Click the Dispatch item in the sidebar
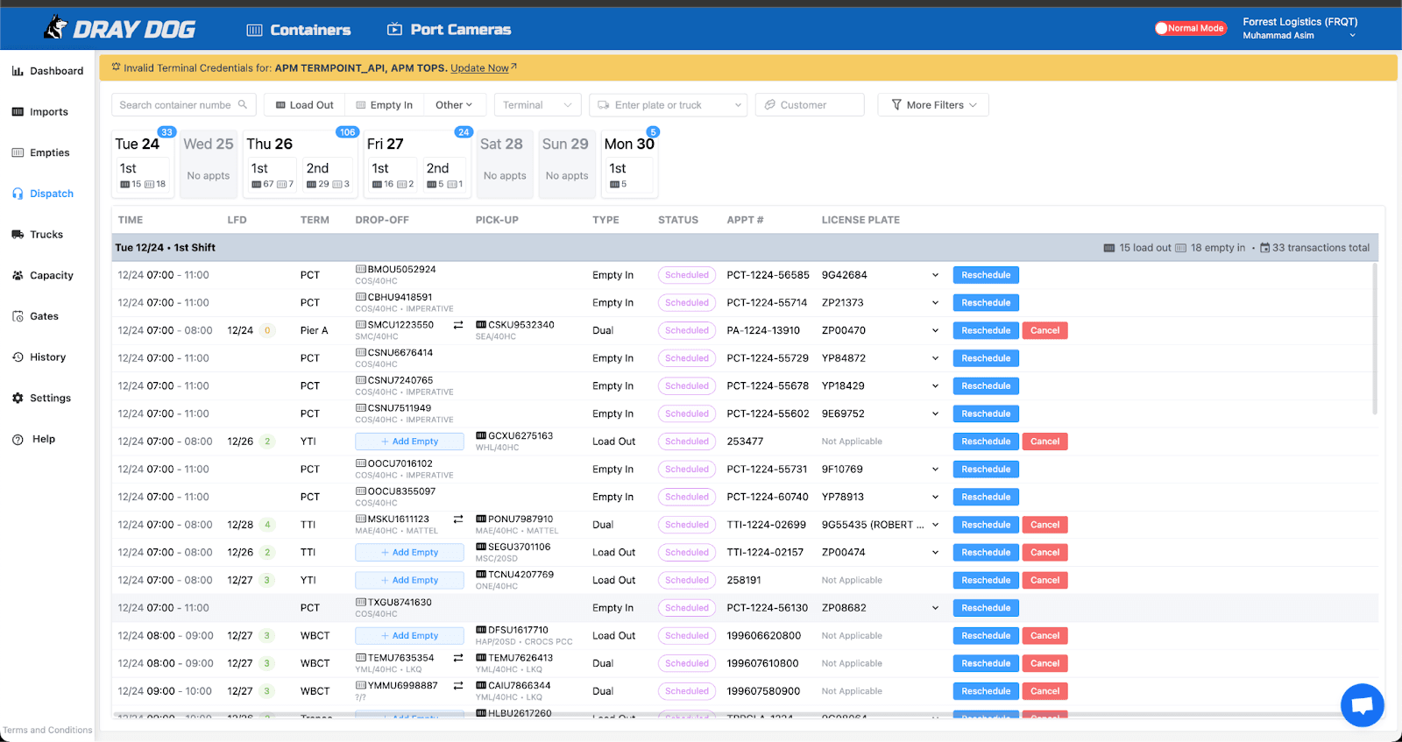pyautogui.click(x=51, y=194)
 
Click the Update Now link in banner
pyautogui.click(x=479, y=68)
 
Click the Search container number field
pyautogui.click(x=175, y=105)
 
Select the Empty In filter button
pyautogui.click(x=384, y=105)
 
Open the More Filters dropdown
pyautogui.click(x=934, y=105)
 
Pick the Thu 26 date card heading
pyautogui.click(x=270, y=144)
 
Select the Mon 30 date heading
pyautogui.click(x=629, y=144)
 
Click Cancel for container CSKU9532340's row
pyautogui.click(x=1044, y=330)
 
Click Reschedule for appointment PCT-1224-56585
pyautogui.click(x=986, y=275)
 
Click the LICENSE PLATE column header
pyautogui.click(x=860, y=220)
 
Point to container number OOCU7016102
pyautogui.click(x=400, y=463)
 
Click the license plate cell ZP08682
pyautogui.click(x=844, y=608)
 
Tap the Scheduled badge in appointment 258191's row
pyautogui.click(x=687, y=580)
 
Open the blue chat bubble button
pyautogui.click(x=1362, y=704)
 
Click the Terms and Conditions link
pyautogui.click(x=47, y=730)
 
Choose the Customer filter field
pyautogui.click(x=810, y=105)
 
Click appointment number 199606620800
pyautogui.click(x=763, y=636)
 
